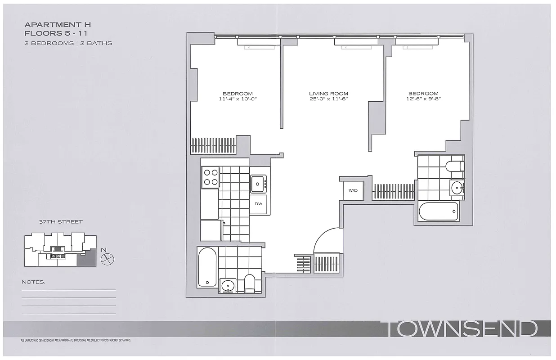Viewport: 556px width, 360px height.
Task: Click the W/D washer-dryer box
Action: [x=353, y=190]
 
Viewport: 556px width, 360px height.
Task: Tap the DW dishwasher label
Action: [x=258, y=204]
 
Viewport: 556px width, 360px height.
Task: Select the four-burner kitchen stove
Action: [x=210, y=176]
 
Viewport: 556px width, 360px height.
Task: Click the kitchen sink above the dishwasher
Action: [x=258, y=183]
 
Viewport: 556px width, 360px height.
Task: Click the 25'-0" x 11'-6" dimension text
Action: [x=328, y=99]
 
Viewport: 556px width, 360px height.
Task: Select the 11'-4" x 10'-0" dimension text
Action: [x=237, y=99]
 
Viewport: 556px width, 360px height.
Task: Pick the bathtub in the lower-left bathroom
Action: [x=207, y=267]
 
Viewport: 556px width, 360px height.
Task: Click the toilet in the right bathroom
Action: [x=454, y=166]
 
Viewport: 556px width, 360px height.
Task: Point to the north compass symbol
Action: [x=108, y=258]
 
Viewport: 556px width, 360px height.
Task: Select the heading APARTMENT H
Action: [x=58, y=25]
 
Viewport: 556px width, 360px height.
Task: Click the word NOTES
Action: [x=34, y=282]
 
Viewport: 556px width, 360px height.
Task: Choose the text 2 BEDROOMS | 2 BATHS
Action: [x=68, y=43]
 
